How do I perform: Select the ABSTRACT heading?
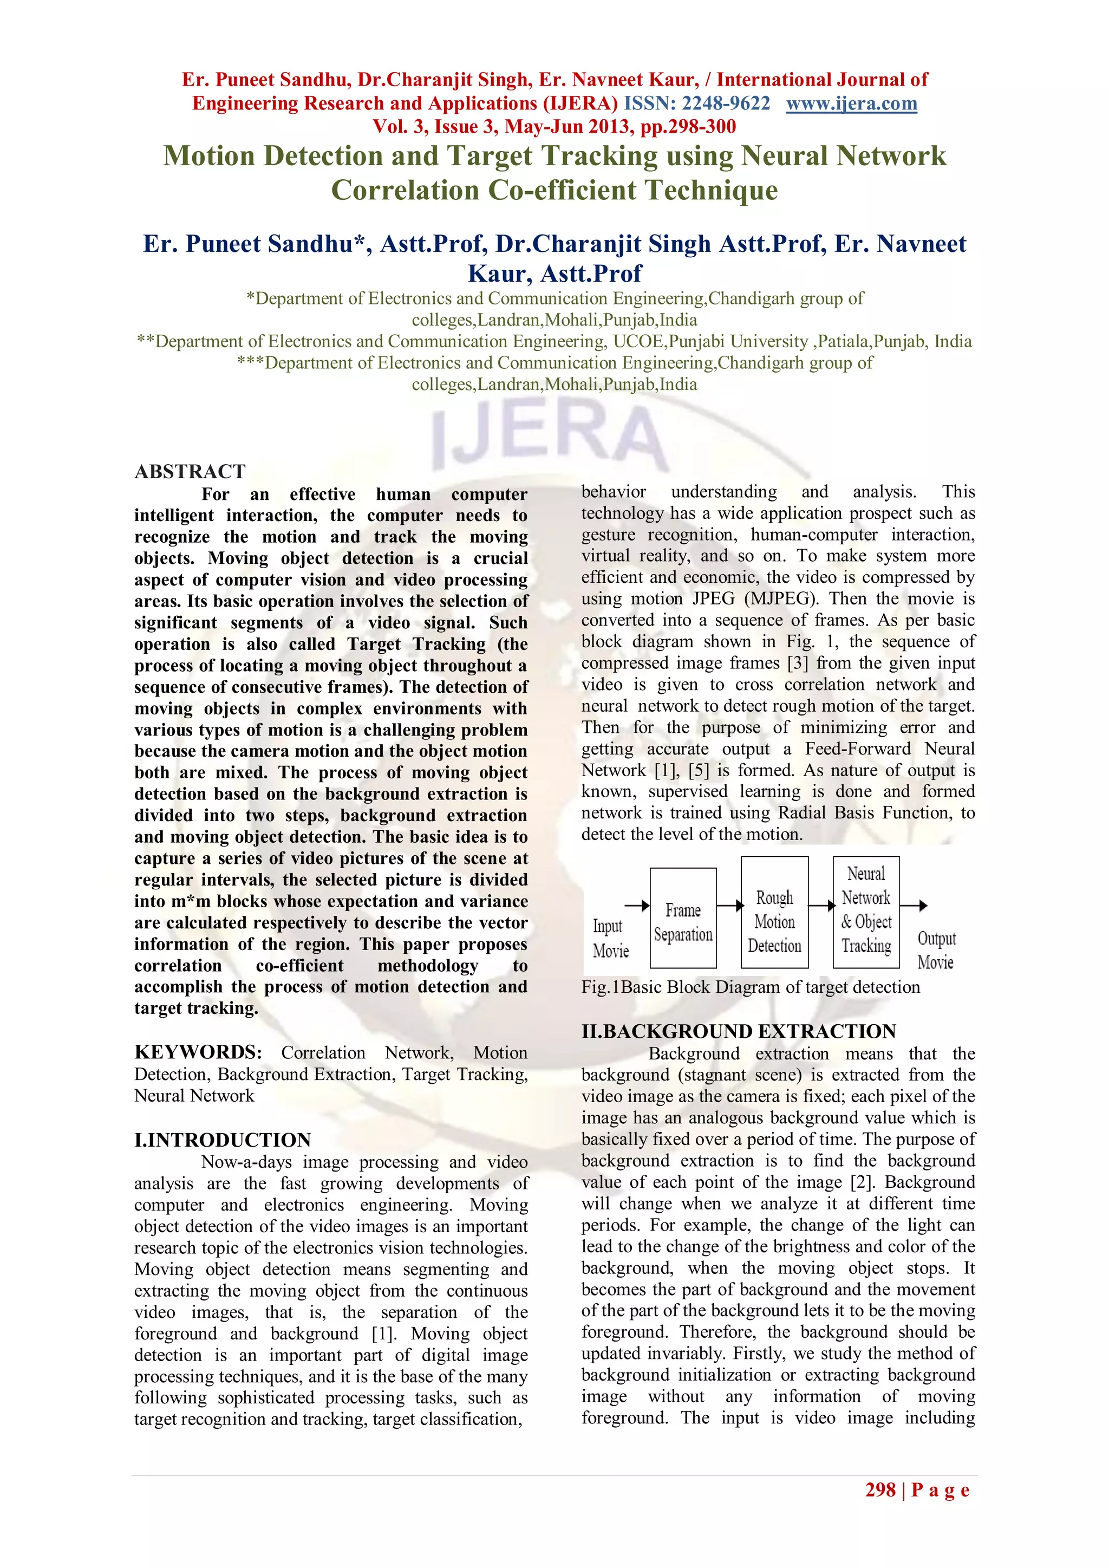pos(190,471)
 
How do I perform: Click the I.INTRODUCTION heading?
pos(223,1140)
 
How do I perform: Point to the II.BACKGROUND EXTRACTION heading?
pos(738,1031)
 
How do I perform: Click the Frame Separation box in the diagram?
pos(683,919)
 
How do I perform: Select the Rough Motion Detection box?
pos(774,913)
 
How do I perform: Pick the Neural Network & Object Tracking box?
pos(866,912)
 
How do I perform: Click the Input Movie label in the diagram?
pos(609,938)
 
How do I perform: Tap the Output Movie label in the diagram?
pos(936,950)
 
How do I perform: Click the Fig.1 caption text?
pos(750,987)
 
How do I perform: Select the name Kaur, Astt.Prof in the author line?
pos(554,274)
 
